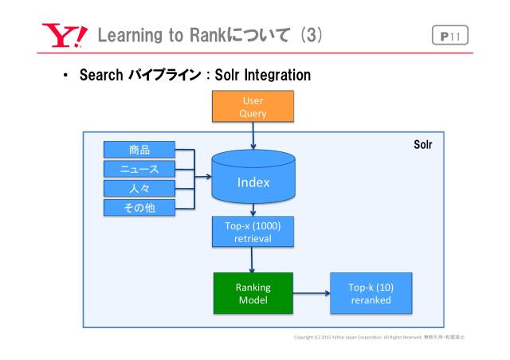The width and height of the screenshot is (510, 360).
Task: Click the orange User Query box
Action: point(253,107)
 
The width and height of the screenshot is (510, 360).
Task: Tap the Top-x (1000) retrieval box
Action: point(253,231)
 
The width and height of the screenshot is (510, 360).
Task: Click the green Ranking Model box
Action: point(253,292)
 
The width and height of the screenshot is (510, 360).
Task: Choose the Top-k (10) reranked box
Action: point(371,292)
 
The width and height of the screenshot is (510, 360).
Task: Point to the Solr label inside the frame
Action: point(422,147)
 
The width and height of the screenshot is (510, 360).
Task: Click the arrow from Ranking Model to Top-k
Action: point(311,292)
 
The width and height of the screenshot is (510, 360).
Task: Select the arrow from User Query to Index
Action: point(253,135)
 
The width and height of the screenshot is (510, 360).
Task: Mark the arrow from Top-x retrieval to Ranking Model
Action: point(253,260)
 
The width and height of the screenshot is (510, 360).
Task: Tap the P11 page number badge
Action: point(450,35)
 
